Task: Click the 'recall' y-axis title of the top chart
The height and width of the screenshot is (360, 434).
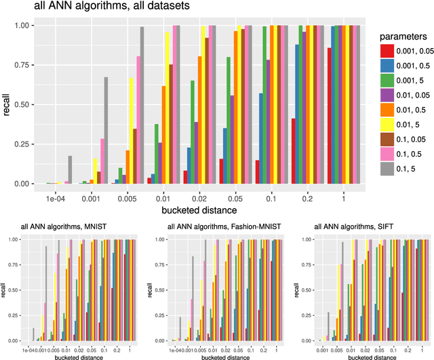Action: coord(6,104)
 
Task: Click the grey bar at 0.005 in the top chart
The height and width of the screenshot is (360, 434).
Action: coord(142,106)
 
